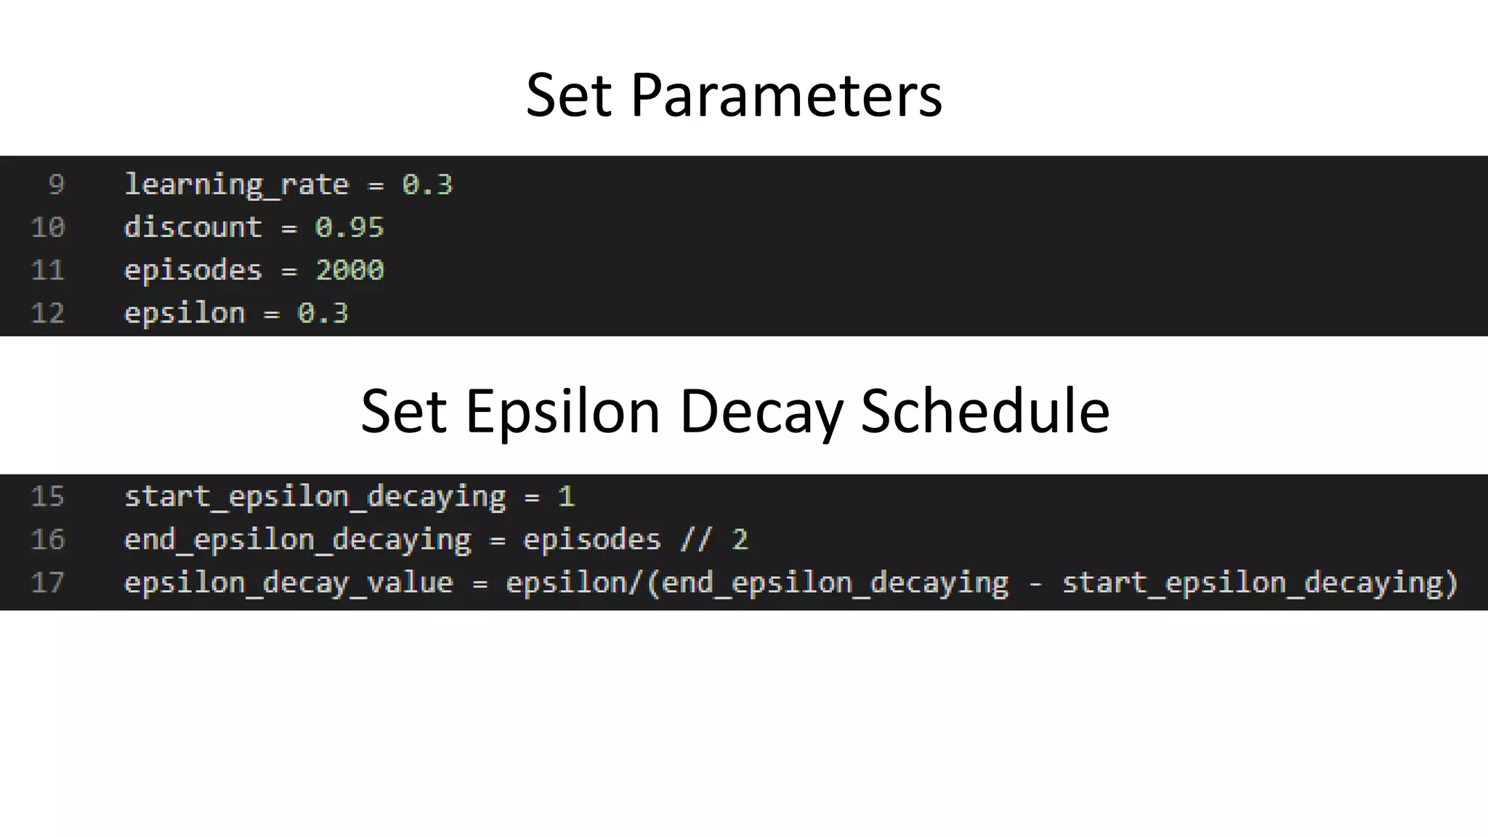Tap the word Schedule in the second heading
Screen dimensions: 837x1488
(984, 411)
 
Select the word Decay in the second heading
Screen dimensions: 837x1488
(761, 411)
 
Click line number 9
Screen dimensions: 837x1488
(56, 185)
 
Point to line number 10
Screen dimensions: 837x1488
(48, 227)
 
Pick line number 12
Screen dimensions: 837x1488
(48, 313)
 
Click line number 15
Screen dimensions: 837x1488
(48, 496)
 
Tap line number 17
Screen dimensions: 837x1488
(48, 582)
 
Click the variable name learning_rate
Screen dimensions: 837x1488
(236, 185)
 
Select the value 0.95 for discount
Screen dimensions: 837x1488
(349, 227)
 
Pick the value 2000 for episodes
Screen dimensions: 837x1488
(349, 270)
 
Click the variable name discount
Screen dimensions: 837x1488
(193, 227)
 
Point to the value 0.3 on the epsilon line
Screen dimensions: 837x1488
(323, 313)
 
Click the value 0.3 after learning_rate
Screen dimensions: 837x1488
(427, 185)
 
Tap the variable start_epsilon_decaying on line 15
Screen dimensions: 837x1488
(315, 496)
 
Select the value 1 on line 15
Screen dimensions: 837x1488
(566, 496)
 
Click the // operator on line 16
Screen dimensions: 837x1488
(696, 539)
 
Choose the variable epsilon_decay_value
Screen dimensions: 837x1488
(288, 582)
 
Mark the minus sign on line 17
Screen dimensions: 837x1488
(1035, 582)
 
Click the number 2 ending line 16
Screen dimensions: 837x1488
(740, 539)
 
